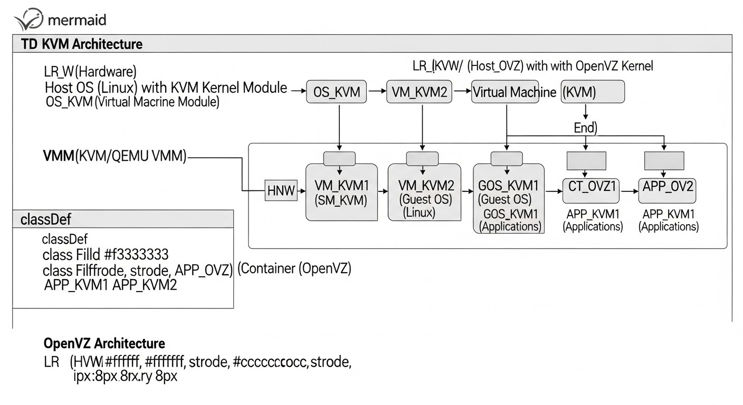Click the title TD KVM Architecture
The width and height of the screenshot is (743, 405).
pos(82,44)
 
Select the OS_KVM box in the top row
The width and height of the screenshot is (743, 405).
pos(337,92)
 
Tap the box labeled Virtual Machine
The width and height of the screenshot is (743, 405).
pos(507,92)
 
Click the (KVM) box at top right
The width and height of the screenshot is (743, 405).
pos(592,92)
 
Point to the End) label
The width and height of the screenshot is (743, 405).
pos(585,128)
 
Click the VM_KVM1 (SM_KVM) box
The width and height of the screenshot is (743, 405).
pos(341,192)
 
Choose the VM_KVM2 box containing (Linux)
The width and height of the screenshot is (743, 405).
pos(422,192)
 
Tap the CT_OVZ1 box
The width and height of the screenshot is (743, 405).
pos(590,190)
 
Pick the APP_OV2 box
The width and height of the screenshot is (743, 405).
pos(667,190)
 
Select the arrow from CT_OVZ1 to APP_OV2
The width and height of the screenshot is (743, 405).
pos(628,192)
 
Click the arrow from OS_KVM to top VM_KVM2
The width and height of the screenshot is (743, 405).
pos(377,92)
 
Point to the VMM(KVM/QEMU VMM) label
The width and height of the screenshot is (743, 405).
pos(114,157)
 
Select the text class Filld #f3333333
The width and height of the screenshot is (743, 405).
pos(106,255)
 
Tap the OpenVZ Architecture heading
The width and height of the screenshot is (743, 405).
pos(104,344)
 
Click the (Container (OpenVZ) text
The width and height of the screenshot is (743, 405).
pos(294,268)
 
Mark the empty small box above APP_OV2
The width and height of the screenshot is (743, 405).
pos(664,160)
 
